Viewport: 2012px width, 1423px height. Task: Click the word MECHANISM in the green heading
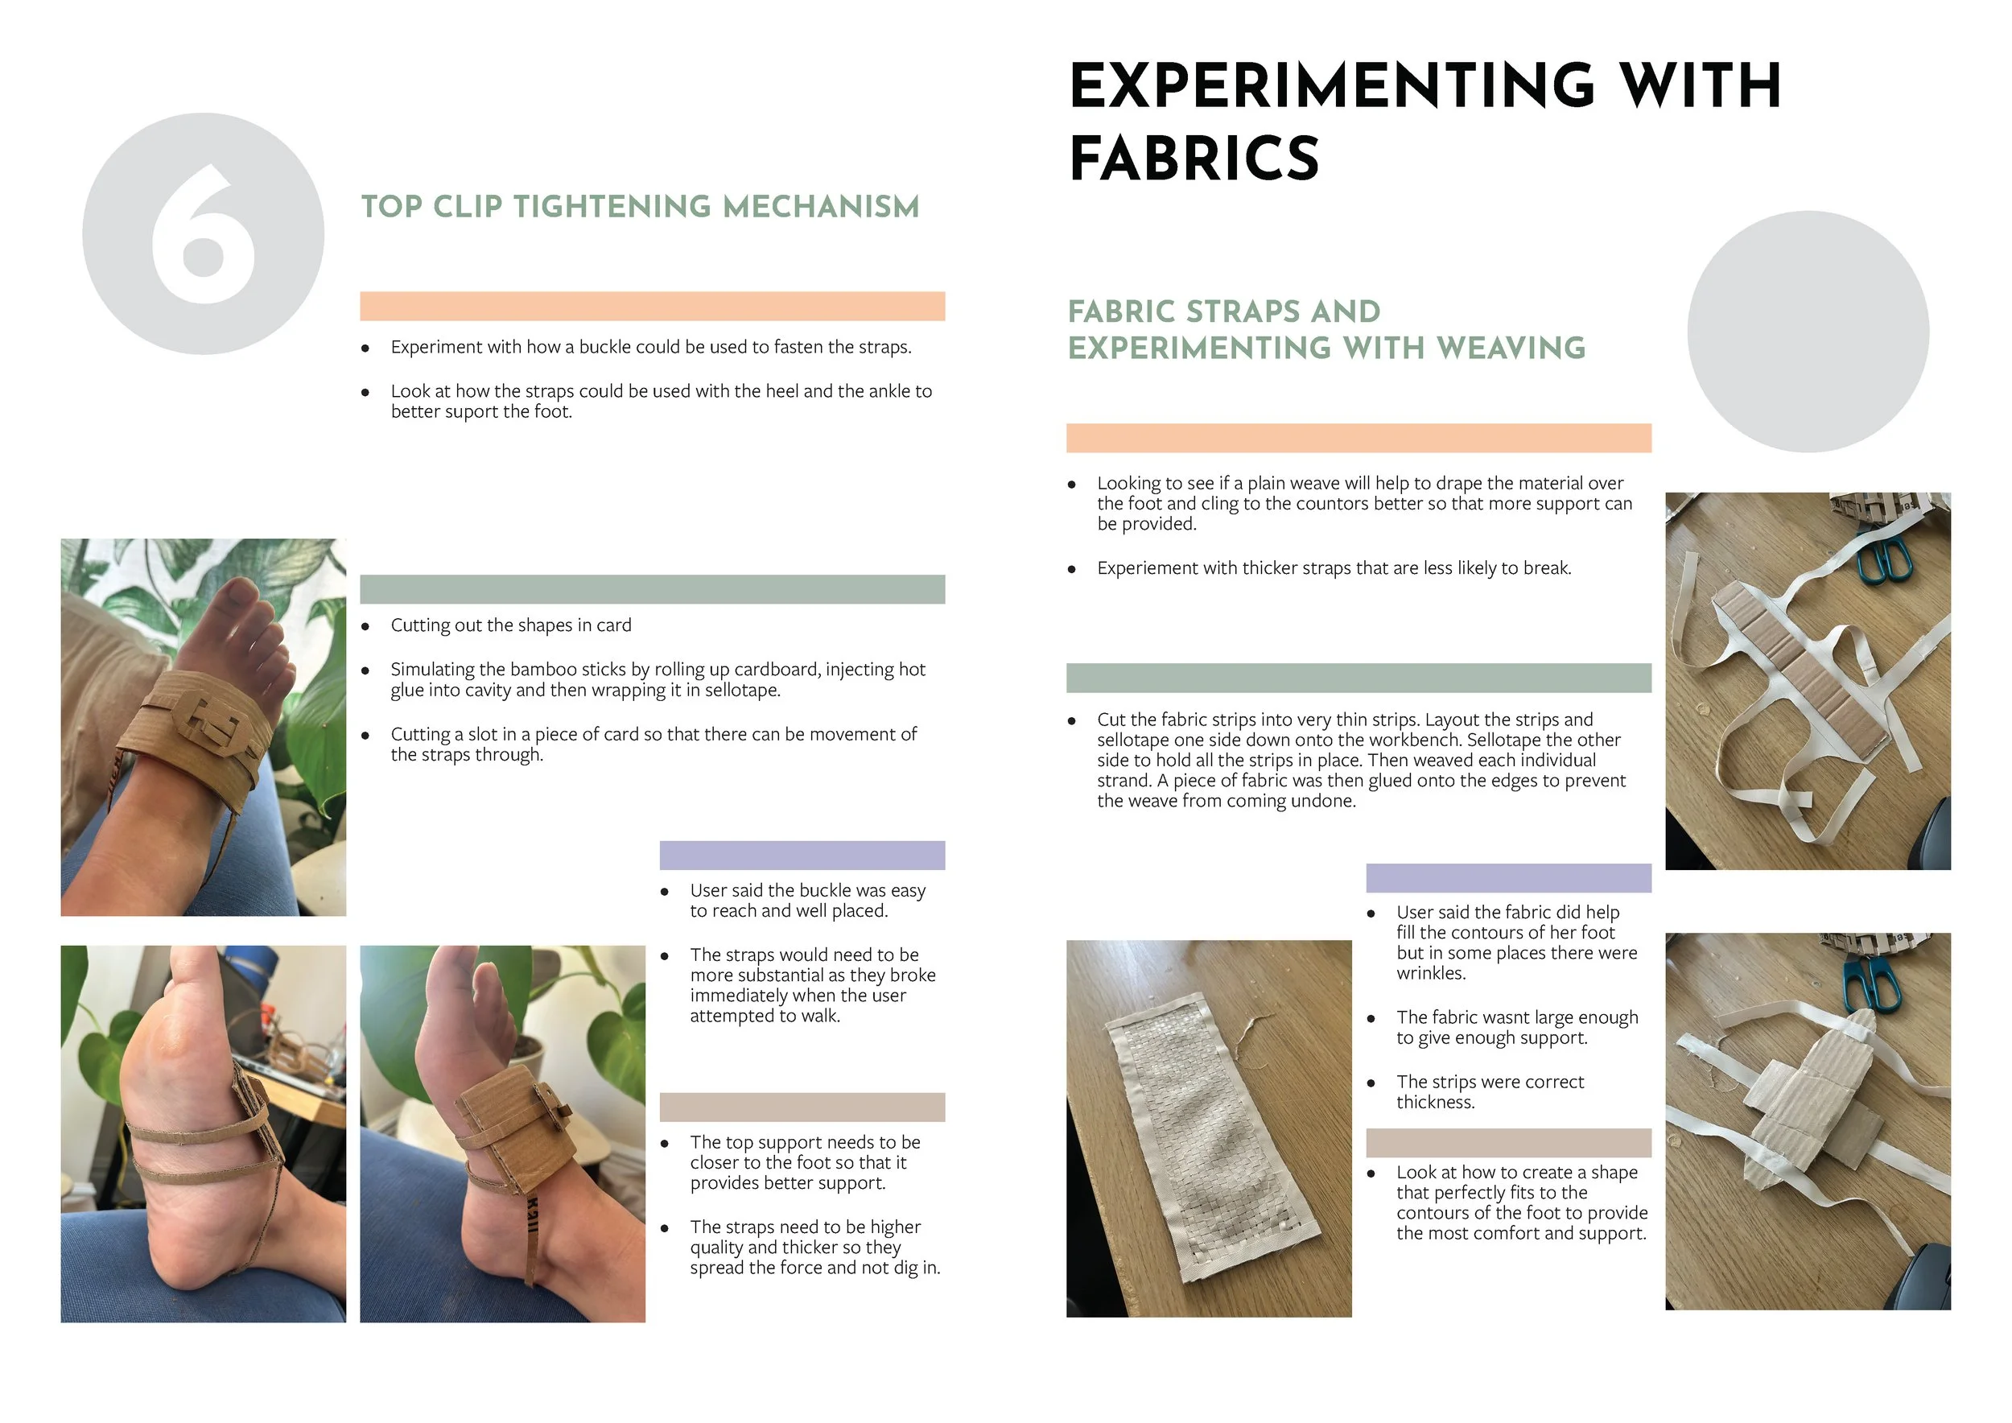(x=821, y=207)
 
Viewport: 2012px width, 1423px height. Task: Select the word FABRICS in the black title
(x=1194, y=159)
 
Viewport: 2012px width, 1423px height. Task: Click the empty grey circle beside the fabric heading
(x=1808, y=332)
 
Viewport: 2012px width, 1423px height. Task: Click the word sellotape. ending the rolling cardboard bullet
(x=741, y=691)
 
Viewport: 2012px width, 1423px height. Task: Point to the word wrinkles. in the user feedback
(x=1431, y=974)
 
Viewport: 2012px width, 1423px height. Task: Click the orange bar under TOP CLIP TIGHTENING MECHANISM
(x=652, y=306)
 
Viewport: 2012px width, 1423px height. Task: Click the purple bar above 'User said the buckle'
(x=802, y=856)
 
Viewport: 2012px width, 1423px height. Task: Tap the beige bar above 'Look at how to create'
(x=1508, y=1143)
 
